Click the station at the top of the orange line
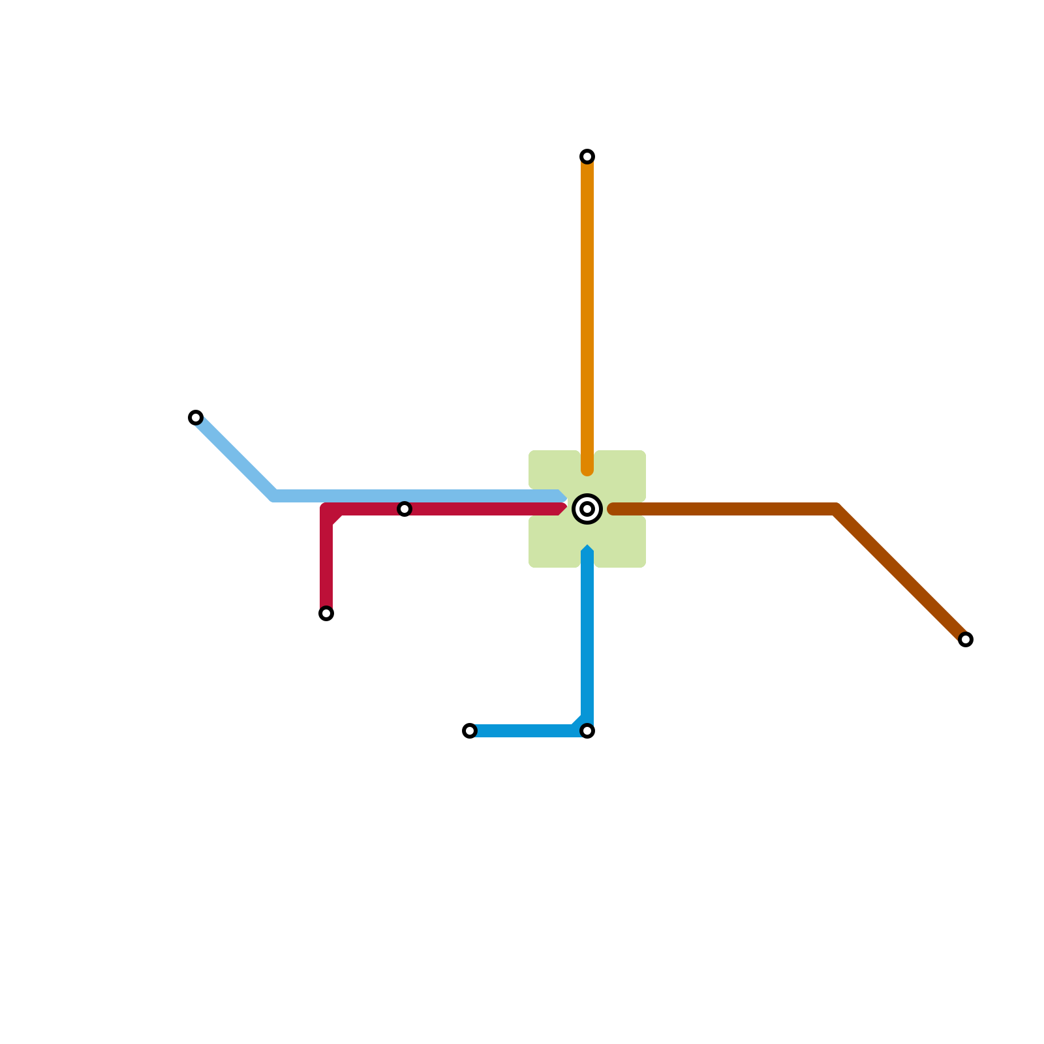coord(587,157)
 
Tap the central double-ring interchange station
coord(587,509)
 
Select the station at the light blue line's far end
coord(196,418)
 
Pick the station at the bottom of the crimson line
coord(326,613)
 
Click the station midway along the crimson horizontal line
coord(405,509)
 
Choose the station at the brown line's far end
coord(966,639)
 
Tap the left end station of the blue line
coord(470,731)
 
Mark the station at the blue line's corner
coord(587,731)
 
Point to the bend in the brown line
coord(836,510)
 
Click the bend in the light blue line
coord(274,496)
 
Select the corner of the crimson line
coord(328,510)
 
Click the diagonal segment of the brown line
coord(900,574)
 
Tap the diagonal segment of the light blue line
coord(235,457)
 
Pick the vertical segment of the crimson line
coord(326,561)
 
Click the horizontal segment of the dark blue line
coord(522,731)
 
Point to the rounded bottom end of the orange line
coord(587,469)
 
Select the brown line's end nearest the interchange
coord(613,509)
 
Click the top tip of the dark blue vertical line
coord(587,550)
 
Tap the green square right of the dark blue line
coord(621,542)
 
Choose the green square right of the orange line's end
coord(621,476)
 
